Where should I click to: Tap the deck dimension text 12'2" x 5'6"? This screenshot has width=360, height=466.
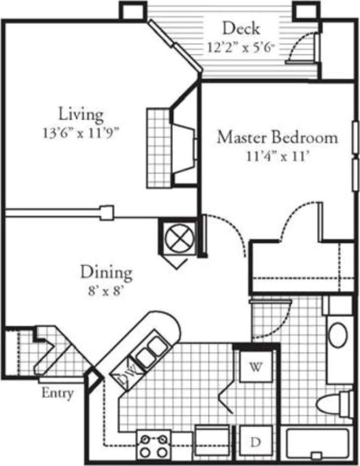tap(241, 47)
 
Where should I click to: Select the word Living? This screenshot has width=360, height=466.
tap(81, 114)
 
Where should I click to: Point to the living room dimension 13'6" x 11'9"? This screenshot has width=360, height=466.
tap(80, 133)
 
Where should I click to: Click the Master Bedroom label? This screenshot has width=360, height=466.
tap(277, 138)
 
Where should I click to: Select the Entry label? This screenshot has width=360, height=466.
tap(57, 393)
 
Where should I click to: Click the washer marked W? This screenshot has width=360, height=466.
tap(256, 367)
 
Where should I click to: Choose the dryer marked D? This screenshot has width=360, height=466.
tap(256, 442)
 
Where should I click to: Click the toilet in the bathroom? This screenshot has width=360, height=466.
tap(332, 404)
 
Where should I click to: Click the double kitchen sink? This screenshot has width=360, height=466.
tap(151, 351)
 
